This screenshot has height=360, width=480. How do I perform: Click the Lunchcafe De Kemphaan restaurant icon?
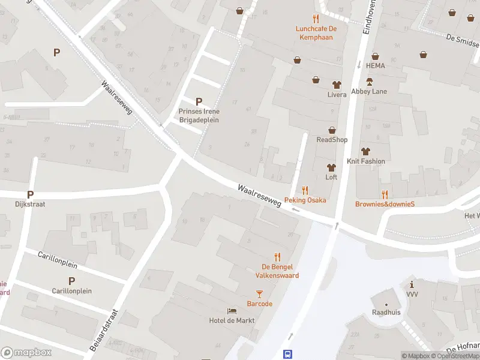coord(316,19)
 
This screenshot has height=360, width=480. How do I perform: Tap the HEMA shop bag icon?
coord(375,56)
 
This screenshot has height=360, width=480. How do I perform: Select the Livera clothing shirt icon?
coord(337,85)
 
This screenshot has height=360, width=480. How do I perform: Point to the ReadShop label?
coord(332,140)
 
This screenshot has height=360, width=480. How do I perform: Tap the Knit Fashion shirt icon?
coord(365,151)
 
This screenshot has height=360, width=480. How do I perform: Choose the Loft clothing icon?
coord(331,167)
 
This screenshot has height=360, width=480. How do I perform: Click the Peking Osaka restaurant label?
coord(305,200)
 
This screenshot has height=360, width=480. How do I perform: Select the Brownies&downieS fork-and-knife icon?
coord(385,194)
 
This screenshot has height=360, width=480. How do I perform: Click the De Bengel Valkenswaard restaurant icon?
coord(277,256)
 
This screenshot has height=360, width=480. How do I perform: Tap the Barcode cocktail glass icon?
coord(259,293)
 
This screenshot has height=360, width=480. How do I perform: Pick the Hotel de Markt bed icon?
coord(232,310)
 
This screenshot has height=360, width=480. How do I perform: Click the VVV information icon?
coord(412,284)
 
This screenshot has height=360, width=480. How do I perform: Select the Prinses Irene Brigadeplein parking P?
coord(199,101)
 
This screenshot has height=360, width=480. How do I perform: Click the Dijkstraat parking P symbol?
coord(30,194)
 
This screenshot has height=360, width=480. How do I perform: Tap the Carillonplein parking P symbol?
coord(71,280)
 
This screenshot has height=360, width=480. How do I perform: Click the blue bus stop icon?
coord(288,354)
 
